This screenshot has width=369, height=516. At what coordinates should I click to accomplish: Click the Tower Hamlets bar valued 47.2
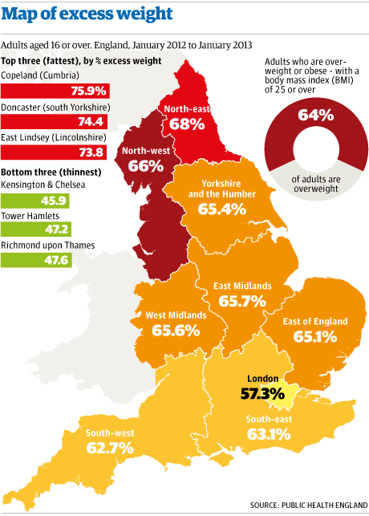[x=35, y=230]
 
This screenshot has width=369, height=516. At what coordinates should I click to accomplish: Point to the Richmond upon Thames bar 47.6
[x=36, y=259]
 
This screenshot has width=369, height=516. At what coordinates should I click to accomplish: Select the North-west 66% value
[x=144, y=166]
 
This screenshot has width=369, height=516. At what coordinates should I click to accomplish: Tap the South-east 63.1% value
[x=269, y=437]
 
